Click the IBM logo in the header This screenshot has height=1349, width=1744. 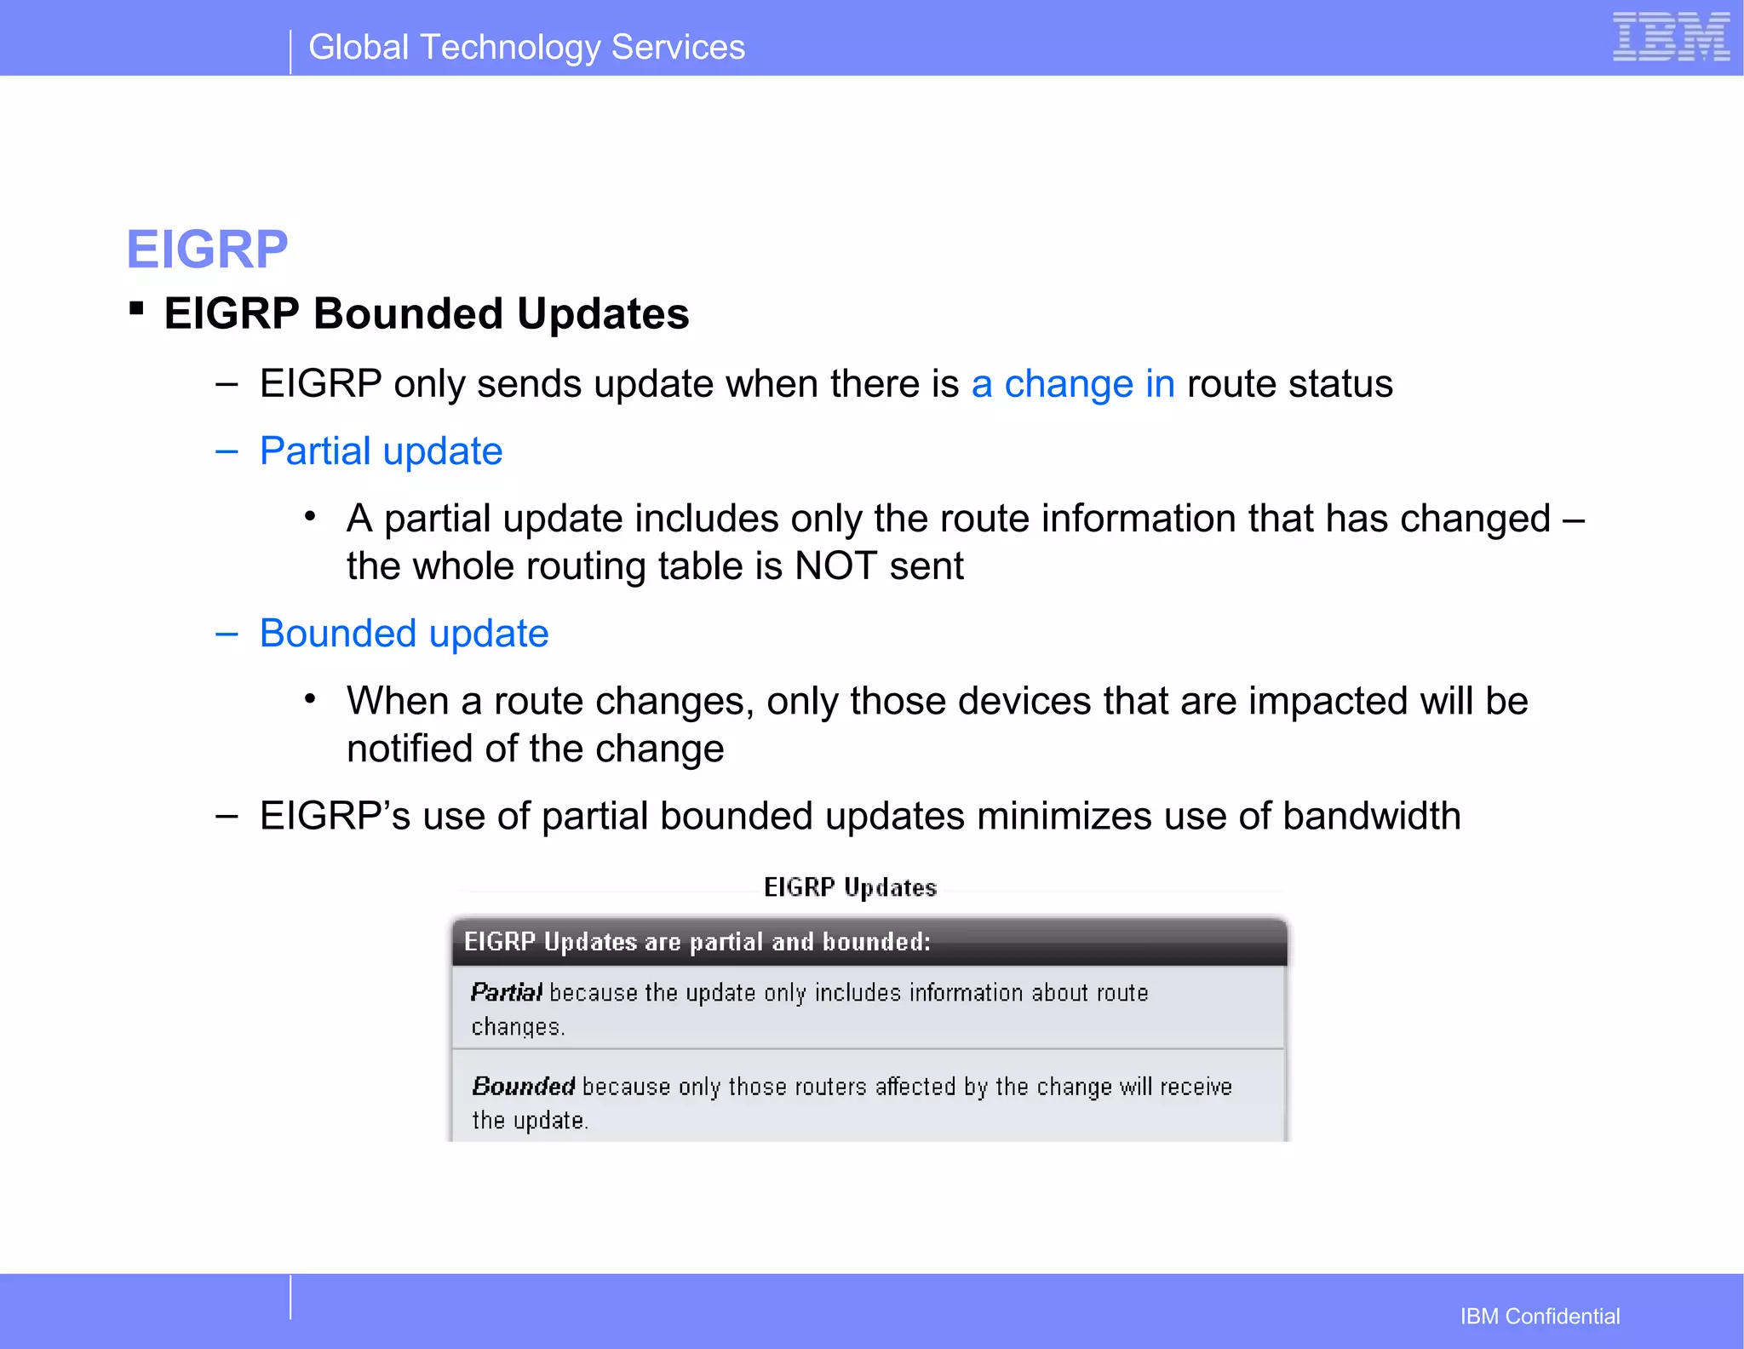coord(1670,37)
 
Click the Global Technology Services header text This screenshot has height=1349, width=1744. coord(526,48)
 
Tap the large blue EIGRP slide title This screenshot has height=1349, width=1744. coord(207,250)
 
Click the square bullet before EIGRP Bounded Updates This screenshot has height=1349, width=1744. coord(136,308)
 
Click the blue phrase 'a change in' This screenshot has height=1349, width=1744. coord(1072,384)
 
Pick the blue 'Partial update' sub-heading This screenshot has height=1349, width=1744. coord(381,451)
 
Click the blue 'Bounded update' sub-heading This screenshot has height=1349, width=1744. coord(404,634)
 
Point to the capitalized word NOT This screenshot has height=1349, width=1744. coord(835,566)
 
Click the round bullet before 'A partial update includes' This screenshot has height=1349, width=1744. coord(311,516)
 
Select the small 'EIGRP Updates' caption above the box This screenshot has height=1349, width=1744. coord(850,888)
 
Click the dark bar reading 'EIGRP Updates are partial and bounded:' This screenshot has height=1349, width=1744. coord(869,942)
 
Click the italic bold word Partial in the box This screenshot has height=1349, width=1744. coord(506,993)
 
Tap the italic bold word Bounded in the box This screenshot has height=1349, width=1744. coord(523,1087)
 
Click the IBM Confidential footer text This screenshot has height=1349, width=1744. coord(1540,1317)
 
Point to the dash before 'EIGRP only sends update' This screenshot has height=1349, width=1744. coord(227,384)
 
